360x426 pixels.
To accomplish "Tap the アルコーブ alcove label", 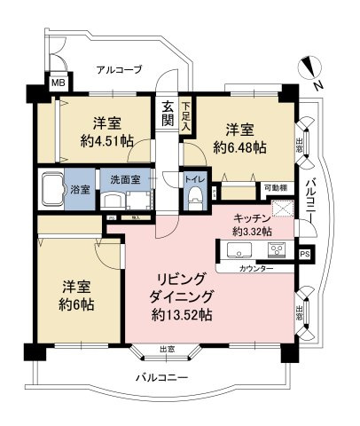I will tap(119, 69).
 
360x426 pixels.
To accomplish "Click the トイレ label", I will tap(193, 178).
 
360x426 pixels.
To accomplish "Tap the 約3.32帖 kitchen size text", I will tap(252, 231).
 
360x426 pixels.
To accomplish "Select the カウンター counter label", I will tap(257, 268).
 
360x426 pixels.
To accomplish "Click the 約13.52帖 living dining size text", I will tap(180, 314).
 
